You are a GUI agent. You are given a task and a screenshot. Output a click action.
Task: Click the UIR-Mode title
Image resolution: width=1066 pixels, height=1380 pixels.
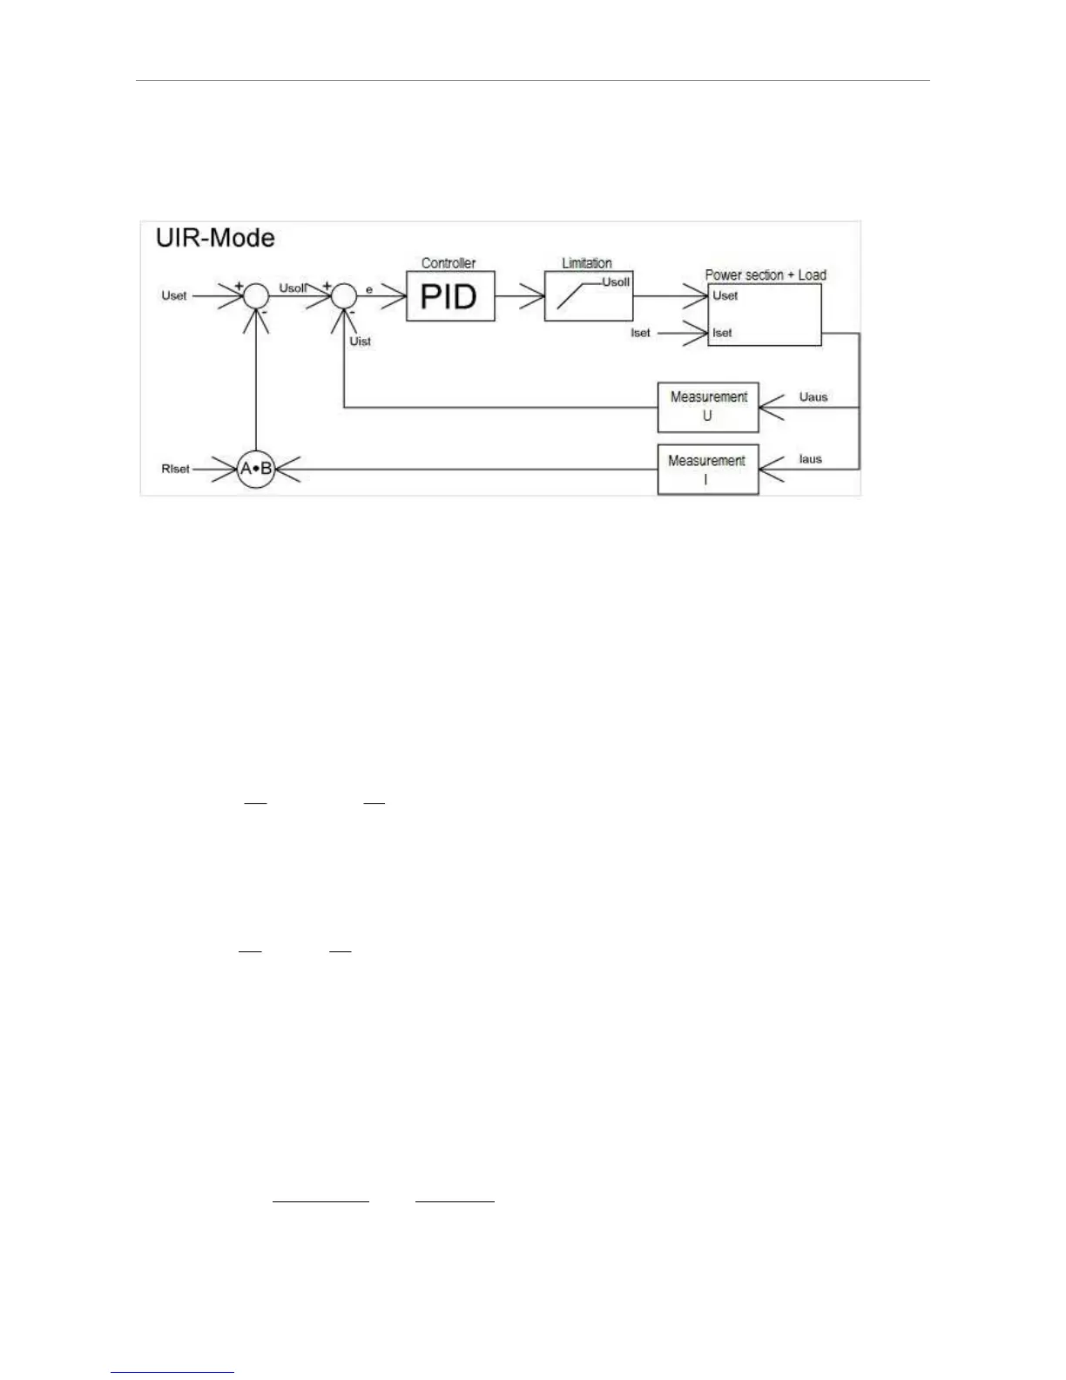[x=215, y=238]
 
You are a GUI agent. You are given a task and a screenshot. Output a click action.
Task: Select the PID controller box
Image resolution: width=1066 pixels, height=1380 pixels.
[x=450, y=296]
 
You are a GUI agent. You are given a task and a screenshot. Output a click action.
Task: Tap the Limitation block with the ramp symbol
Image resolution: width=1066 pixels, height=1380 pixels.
[x=589, y=296]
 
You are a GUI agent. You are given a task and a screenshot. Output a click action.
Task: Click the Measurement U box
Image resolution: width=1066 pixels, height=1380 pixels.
[x=708, y=407]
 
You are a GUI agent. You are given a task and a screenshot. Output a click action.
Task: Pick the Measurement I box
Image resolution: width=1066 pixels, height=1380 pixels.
[x=707, y=470]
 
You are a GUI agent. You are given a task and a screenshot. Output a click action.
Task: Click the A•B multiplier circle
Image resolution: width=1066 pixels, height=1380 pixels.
[x=256, y=469]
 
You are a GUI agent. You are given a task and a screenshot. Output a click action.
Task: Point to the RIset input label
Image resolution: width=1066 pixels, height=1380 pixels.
[x=175, y=469]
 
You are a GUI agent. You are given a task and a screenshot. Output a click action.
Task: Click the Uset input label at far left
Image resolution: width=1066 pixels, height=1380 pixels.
[x=174, y=295]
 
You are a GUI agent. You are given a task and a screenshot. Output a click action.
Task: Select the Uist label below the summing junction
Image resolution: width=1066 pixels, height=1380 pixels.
[x=360, y=341]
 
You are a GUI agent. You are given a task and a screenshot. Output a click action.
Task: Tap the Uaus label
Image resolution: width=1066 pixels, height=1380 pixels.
[x=813, y=397]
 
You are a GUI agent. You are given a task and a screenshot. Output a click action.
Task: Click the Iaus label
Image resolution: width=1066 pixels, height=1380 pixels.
[x=810, y=459]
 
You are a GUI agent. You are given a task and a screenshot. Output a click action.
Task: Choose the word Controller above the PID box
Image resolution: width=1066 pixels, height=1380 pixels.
[x=449, y=263]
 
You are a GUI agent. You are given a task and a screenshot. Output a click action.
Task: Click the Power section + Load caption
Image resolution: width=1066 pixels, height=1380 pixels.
[x=766, y=275]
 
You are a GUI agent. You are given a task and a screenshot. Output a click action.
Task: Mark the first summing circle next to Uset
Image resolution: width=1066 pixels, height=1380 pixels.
[x=256, y=296]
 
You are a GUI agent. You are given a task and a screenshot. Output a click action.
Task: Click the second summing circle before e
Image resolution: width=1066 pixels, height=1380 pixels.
[x=344, y=296]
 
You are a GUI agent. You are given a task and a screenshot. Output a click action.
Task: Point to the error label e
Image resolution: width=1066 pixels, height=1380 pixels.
[x=369, y=288]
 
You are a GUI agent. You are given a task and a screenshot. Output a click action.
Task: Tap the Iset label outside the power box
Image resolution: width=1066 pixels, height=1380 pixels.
[x=640, y=333]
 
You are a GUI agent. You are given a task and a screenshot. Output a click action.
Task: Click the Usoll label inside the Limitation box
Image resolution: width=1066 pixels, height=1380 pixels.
[x=616, y=282]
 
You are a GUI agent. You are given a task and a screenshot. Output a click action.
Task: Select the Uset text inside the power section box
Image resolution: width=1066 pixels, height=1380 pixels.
[x=725, y=295]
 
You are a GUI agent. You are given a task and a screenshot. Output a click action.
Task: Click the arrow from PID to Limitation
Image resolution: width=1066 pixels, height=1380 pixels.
[x=520, y=296]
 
